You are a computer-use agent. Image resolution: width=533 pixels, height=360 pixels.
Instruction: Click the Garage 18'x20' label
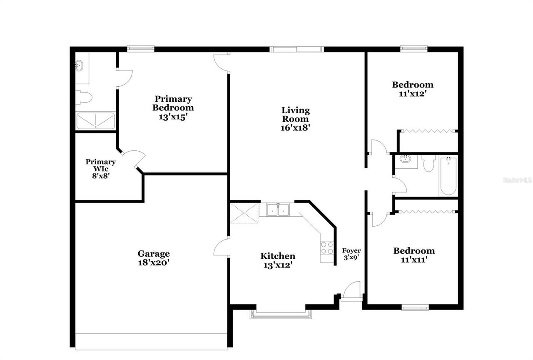pos(154,258)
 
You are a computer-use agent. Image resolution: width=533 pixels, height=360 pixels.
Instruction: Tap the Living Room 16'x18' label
pos(296,119)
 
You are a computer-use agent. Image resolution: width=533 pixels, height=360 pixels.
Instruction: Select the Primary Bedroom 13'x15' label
pos(173,108)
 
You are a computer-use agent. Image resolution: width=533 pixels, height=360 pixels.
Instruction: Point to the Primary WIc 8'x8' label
pos(101,169)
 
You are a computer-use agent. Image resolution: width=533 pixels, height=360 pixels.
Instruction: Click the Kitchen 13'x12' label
pos(278,260)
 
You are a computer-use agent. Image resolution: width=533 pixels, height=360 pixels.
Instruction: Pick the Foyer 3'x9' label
pos(351,254)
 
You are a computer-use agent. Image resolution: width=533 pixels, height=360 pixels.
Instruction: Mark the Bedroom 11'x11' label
pos(414,255)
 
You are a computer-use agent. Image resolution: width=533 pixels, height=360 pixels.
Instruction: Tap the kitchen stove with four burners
pos(327,248)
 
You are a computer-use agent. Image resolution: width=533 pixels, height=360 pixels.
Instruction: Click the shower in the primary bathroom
pos(95,120)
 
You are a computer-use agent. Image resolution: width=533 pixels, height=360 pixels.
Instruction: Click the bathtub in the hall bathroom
pos(448,175)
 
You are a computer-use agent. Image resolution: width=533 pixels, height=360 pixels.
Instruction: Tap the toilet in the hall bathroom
pos(428,163)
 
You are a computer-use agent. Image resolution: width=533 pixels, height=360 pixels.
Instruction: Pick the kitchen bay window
pos(281,315)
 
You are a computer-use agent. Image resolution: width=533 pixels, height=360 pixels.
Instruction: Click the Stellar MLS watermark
pos(517,180)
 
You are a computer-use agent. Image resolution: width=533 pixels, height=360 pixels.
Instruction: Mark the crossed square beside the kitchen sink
pos(244,213)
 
